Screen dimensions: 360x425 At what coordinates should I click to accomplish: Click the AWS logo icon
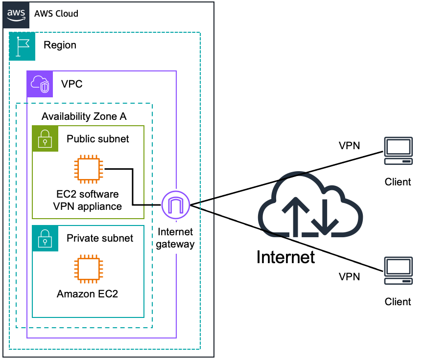(x=15, y=14)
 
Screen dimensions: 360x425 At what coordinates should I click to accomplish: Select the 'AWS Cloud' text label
(x=56, y=14)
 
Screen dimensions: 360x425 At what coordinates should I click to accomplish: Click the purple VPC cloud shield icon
(x=40, y=84)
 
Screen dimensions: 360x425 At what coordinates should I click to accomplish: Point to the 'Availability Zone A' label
(x=84, y=116)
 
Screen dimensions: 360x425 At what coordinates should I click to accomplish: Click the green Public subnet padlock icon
(x=45, y=138)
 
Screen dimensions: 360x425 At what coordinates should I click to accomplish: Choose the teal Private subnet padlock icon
(x=45, y=238)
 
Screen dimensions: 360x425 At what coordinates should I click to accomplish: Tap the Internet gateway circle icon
(x=176, y=205)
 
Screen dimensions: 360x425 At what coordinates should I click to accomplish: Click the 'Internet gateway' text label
(x=175, y=238)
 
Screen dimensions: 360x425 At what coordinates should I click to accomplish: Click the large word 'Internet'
(x=285, y=257)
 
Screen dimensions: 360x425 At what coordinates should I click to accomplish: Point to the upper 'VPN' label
(x=349, y=146)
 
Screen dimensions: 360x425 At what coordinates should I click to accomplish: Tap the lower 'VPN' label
(x=349, y=277)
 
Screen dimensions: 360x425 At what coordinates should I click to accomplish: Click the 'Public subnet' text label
(x=98, y=139)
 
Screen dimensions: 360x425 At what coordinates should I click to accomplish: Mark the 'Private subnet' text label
(x=100, y=238)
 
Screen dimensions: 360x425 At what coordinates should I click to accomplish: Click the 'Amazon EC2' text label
(x=87, y=294)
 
